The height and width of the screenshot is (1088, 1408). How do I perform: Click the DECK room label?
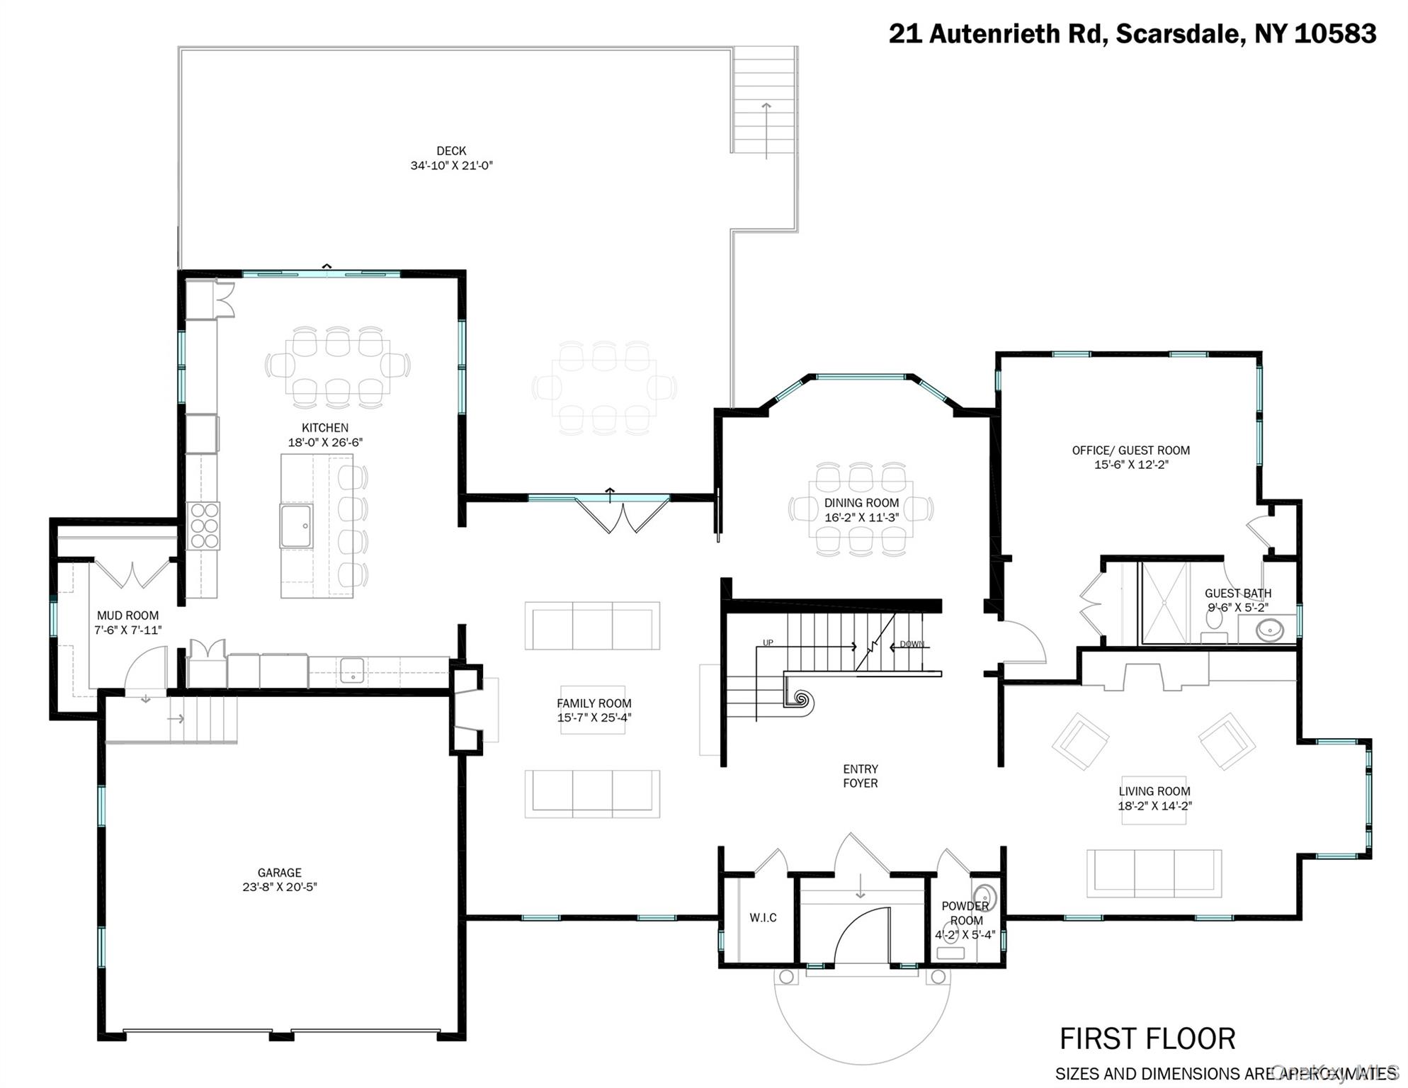click(x=451, y=151)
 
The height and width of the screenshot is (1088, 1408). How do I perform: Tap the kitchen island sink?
click(x=296, y=526)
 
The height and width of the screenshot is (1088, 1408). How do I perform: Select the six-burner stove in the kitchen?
click(x=204, y=526)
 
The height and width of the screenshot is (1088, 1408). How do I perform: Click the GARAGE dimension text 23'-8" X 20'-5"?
click(x=280, y=887)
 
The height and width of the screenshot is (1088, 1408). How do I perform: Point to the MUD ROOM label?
click(x=127, y=616)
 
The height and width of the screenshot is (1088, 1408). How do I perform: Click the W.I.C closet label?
click(x=763, y=917)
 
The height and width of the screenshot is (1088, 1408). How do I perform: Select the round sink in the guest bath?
click(x=1270, y=629)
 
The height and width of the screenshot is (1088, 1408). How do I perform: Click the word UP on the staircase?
click(x=768, y=643)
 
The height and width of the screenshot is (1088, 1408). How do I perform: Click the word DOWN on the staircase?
click(x=912, y=644)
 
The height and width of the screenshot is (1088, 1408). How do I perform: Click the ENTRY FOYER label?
click(x=861, y=776)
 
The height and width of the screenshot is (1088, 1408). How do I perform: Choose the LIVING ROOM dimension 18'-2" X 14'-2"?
click(x=1154, y=805)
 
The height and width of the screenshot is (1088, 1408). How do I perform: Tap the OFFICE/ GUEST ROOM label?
click(x=1130, y=450)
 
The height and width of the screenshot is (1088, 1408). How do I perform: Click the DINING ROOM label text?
click(x=861, y=503)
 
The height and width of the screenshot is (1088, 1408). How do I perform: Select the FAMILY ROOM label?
click(x=594, y=703)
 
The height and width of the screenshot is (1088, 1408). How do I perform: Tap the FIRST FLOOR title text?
click(x=1147, y=1039)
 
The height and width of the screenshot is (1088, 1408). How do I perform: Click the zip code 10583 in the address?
click(x=1335, y=33)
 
